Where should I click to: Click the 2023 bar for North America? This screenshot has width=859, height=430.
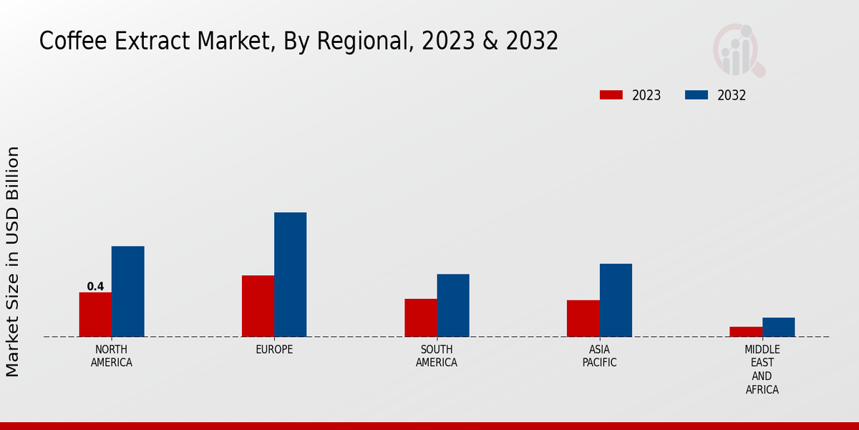[x=95, y=315]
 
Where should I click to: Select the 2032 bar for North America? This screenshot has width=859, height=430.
[x=127, y=292]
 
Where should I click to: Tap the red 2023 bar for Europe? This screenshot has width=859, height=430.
[x=258, y=306]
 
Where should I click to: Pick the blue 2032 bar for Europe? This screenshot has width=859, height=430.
[x=290, y=274]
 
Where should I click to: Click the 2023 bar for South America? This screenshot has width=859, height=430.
[x=420, y=317]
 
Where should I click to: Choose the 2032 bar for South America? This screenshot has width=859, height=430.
[x=453, y=305]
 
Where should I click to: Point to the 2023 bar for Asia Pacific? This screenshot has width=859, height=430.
[x=583, y=318]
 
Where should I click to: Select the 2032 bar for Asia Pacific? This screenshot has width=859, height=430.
[x=616, y=300]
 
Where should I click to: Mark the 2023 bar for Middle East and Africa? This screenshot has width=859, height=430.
[x=746, y=332]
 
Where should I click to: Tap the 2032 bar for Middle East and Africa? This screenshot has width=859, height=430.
[x=778, y=327]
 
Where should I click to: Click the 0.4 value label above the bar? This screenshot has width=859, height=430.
[x=95, y=287]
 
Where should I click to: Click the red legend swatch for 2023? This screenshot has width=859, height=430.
[x=611, y=95]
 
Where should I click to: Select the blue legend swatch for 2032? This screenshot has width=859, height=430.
[x=697, y=95]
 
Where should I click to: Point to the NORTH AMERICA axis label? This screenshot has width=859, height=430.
[x=112, y=355]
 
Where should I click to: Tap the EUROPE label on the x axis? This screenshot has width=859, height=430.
[x=274, y=350]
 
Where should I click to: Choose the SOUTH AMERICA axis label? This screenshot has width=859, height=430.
[x=437, y=355]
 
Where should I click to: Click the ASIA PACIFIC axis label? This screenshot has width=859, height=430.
[x=599, y=355]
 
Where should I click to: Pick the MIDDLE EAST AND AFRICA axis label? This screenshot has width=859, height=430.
[x=762, y=369]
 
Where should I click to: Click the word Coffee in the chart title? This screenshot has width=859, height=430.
[x=68, y=42]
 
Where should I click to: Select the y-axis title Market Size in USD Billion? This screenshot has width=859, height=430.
[x=13, y=262]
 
